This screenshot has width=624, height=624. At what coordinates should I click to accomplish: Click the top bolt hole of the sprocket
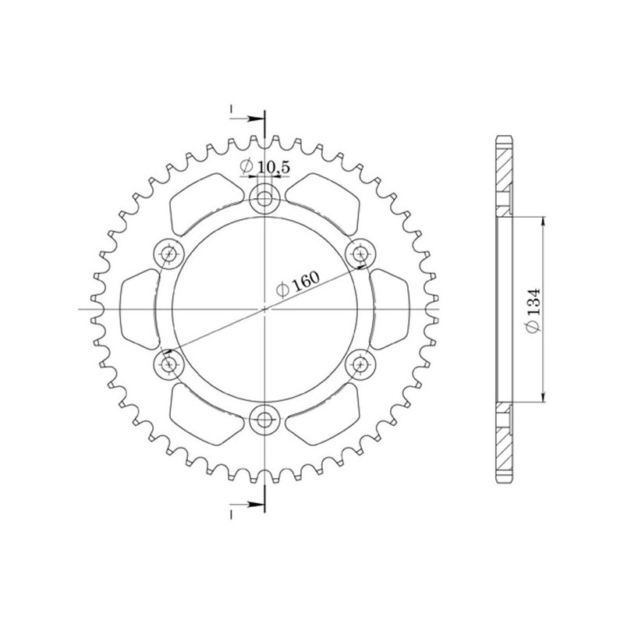tap(265, 200)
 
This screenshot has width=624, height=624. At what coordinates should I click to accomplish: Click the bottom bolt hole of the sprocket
tap(265, 419)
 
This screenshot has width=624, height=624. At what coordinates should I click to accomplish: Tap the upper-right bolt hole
tap(360, 253)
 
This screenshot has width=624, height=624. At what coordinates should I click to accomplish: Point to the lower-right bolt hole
tap(360, 363)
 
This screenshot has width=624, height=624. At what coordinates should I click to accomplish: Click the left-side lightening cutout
tap(140, 309)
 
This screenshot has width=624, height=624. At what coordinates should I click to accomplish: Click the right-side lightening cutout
tap(390, 309)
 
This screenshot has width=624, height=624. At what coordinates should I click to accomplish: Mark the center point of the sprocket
tap(265, 309)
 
